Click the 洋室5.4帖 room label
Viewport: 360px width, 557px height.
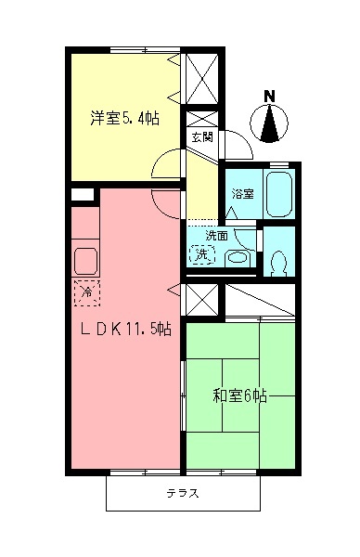[124, 118]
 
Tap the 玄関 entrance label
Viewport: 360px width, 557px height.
[201, 136]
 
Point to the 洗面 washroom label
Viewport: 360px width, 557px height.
[216, 235]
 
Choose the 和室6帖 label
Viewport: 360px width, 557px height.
[240, 396]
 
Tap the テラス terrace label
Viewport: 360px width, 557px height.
[182, 493]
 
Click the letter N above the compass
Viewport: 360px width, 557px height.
[270, 95]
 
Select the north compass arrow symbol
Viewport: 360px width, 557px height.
[270, 123]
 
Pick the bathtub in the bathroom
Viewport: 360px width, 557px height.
[278, 191]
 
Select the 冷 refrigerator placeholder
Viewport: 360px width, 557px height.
[86, 293]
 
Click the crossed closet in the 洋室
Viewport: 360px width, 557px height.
[202, 79]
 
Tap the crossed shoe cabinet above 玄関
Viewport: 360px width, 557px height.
[202, 121]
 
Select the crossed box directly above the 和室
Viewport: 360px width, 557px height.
[199, 300]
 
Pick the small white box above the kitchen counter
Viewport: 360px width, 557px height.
[83, 195]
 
